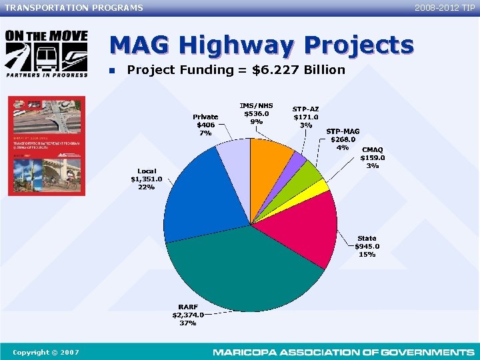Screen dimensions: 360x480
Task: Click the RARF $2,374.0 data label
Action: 187,315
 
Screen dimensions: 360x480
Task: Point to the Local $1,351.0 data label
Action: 146,179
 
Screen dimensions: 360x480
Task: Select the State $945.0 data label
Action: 367,246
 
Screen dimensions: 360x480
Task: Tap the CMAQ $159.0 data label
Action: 373,158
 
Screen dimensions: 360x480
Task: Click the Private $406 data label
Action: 205,125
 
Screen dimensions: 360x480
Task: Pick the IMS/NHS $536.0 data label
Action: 256,113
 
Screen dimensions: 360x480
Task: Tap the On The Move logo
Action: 46,54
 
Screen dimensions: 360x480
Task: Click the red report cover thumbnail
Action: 47,146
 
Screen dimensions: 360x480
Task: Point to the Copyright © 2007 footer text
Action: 45,352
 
